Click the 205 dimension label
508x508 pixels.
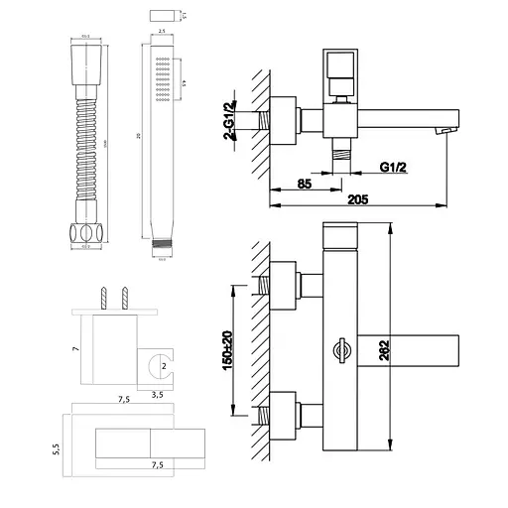point(360,198)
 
